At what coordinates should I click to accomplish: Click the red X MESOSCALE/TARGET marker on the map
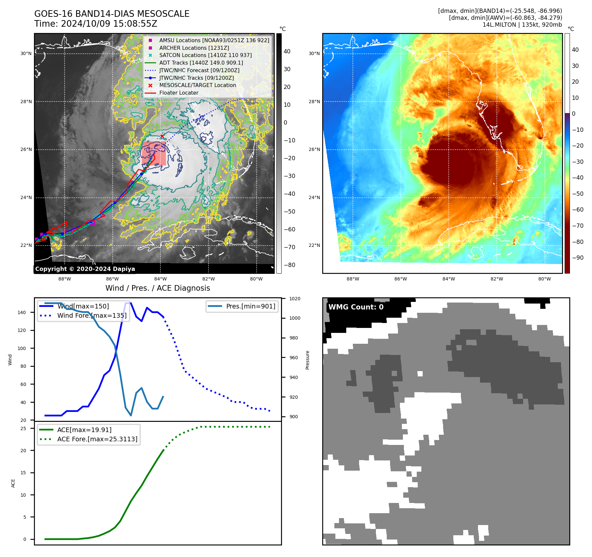[x=162, y=136]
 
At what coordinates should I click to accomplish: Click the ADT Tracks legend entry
[x=201, y=63]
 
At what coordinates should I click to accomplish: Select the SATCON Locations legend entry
[x=205, y=55]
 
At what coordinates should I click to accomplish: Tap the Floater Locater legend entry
[x=179, y=93]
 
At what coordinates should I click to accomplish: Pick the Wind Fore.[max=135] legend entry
[x=92, y=315]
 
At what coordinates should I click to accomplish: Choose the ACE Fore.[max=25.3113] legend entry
[x=97, y=439]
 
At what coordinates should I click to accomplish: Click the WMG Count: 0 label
[x=356, y=307]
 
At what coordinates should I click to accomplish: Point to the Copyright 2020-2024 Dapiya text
[x=85, y=269]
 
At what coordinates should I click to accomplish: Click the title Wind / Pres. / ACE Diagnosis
[x=157, y=288]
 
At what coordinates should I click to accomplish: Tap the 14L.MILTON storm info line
[x=522, y=25]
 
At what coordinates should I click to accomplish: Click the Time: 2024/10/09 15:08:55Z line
[x=96, y=24]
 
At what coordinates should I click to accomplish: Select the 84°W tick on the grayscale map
[x=160, y=279]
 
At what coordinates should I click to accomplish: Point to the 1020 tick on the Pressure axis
[x=295, y=299]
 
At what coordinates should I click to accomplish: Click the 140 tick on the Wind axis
[x=22, y=312]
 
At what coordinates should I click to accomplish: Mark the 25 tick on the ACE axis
[x=23, y=428]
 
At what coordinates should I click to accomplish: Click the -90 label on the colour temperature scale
[x=578, y=258]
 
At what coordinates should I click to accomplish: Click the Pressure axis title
[x=307, y=360]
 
